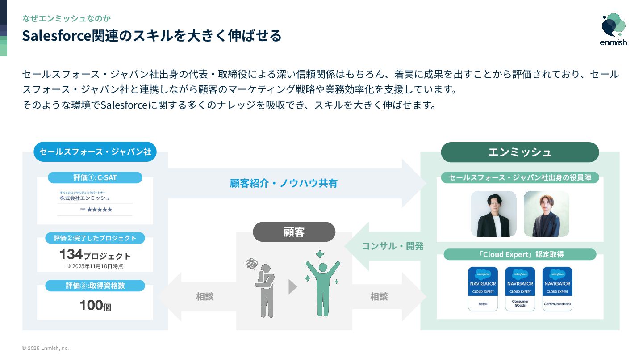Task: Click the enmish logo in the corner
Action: pos(614,29)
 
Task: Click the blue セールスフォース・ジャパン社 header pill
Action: pos(95,152)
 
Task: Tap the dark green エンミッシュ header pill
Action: pos(520,152)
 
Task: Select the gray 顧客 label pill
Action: pos(294,232)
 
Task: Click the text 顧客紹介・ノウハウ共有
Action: pos(284,183)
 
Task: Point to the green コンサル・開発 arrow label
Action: pos(392,246)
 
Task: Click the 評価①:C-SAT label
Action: pos(95,177)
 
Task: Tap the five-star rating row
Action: pos(99,209)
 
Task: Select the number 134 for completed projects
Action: pos(71,254)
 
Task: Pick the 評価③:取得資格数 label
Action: pos(95,286)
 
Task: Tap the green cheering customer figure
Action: pos(322,284)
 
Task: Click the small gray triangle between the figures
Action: pos(292,287)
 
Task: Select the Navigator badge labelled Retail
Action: pos(483,289)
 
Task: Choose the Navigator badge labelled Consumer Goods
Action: pos(520,289)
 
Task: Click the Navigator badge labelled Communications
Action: pos(557,289)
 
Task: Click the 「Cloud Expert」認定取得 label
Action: pos(520,254)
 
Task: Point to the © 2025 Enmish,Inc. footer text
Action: pos(45,348)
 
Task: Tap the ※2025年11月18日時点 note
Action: pos(95,266)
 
